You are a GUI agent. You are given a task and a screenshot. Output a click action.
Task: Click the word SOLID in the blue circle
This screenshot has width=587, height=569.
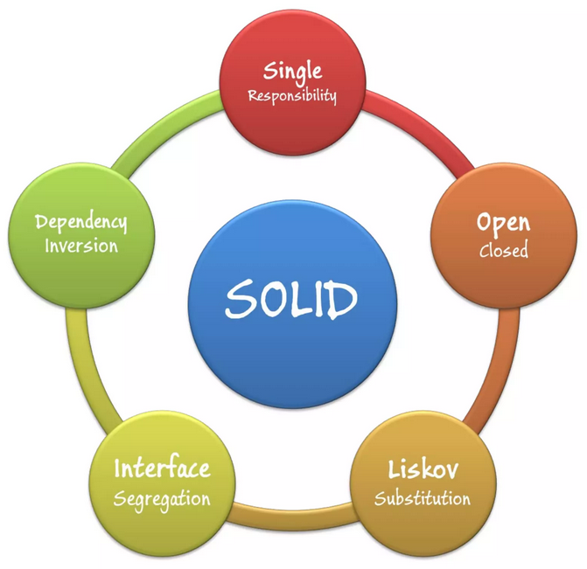pyautogui.click(x=291, y=298)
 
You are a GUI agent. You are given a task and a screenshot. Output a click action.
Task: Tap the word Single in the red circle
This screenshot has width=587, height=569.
pyautogui.click(x=292, y=72)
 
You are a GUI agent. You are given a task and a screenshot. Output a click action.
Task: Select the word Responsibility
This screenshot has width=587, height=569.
pyautogui.click(x=292, y=96)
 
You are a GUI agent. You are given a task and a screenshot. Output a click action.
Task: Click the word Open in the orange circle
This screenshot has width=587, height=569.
pyautogui.click(x=504, y=224)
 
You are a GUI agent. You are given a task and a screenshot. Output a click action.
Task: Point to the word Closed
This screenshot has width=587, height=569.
pyautogui.click(x=504, y=249)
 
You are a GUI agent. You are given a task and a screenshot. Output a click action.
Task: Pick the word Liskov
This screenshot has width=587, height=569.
pyautogui.click(x=423, y=469)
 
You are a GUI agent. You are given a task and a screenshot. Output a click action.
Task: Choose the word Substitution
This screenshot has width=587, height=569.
pyautogui.click(x=423, y=498)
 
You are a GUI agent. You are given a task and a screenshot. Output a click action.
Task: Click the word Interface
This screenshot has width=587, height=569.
pyautogui.click(x=162, y=468)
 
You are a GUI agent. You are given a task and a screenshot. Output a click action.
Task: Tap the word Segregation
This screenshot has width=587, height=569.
pyautogui.click(x=162, y=500)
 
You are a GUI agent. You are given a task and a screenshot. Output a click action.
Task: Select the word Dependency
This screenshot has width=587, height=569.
pyautogui.click(x=81, y=223)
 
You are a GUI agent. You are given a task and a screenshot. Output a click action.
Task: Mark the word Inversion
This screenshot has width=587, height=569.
pyautogui.click(x=81, y=246)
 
